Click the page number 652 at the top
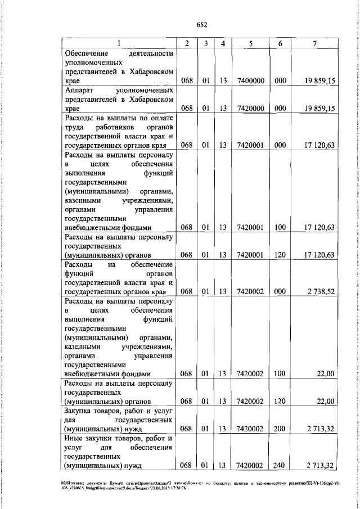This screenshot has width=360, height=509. pyautogui.click(x=202, y=24)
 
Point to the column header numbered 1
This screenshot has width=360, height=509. pyautogui.click(x=119, y=44)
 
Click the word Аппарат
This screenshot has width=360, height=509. pyautogui.click(x=80, y=90)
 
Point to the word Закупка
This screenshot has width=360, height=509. pyautogui.click(x=80, y=411)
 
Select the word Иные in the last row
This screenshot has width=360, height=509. pyautogui.click(x=75, y=438)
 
